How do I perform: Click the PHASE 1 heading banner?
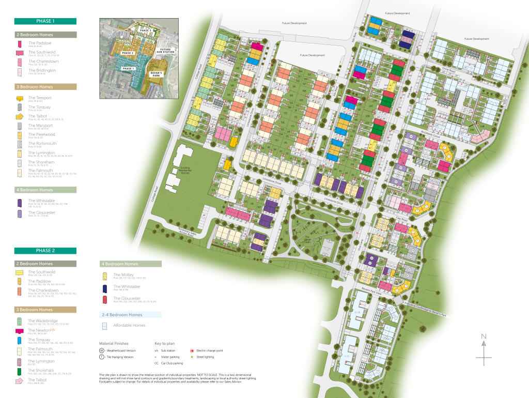[x=45, y=21]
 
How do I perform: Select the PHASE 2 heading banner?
[x=45, y=251]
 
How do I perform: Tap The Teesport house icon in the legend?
[x=20, y=98]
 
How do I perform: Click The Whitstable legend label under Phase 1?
[x=41, y=201]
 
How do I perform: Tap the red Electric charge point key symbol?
[x=192, y=351]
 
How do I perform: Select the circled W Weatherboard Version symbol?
[x=102, y=350]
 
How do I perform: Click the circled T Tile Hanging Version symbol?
[x=102, y=357]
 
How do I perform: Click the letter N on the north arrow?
[x=484, y=336]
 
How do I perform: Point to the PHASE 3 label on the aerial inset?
[x=145, y=30]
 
